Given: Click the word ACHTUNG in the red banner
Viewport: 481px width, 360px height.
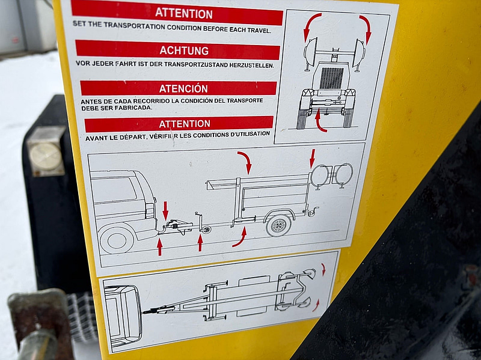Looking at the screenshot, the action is click(x=184, y=50).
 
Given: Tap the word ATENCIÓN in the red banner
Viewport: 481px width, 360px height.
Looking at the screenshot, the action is click(x=183, y=88).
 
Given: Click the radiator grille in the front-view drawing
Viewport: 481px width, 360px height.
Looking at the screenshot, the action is click(x=331, y=78).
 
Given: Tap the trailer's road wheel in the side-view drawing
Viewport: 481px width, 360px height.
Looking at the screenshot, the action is click(x=278, y=225).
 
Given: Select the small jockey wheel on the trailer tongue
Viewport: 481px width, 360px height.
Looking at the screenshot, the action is click(x=206, y=230).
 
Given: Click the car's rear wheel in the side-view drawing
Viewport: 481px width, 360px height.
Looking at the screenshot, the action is click(x=117, y=239).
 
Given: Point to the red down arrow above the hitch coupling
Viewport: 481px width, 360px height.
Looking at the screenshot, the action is click(x=166, y=210).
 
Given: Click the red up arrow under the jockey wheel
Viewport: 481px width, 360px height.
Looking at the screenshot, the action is click(x=200, y=243).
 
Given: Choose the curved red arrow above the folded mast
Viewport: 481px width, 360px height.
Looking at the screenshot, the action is click(x=245, y=162).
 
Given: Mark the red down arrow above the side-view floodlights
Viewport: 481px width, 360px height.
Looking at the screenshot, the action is click(x=312, y=158).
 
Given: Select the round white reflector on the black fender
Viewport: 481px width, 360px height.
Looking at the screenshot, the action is click(x=46, y=156).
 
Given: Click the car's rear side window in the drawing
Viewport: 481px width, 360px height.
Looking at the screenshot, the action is click(x=114, y=189).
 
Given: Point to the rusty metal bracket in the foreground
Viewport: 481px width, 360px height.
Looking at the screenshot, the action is click(x=40, y=323).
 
